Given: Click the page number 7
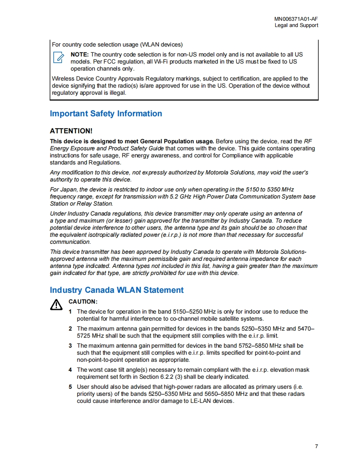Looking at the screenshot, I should click(x=316, y=446).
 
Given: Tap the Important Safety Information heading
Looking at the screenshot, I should click(x=106, y=113).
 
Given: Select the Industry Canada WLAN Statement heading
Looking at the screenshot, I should click(x=116, y=290).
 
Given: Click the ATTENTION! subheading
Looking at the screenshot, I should click(x=71, y=131).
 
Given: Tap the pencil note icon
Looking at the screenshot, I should click(x=58, y=57).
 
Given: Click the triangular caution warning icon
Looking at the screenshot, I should click(x=56, y=305).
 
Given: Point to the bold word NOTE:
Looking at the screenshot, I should click(x=80, y=54).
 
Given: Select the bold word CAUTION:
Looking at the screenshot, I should click(x=83, y=302).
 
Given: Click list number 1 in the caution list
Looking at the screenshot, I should click(x=70, y=311).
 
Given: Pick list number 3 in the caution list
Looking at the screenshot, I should click(x=70, y=346).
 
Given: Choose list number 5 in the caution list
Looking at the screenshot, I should click(x=70, y=387).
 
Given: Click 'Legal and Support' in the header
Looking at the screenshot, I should click(x=296, y=25).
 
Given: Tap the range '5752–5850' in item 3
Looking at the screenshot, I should click(x=253, y=346).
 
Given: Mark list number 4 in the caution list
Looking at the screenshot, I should click(x=70, y=370).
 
